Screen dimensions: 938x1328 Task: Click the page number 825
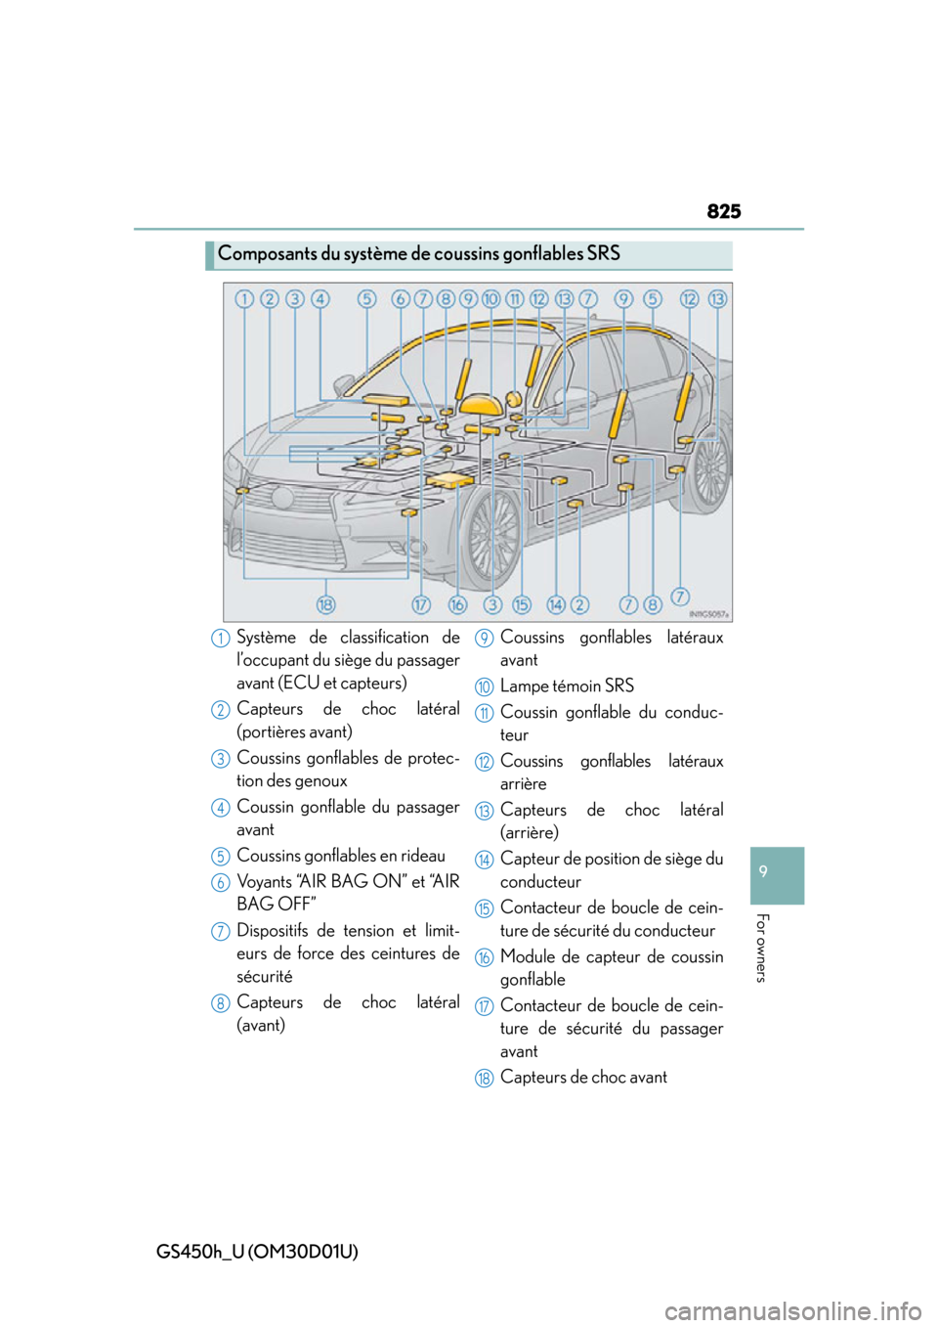point(724,211)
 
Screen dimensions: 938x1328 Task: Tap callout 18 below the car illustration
point(325,605)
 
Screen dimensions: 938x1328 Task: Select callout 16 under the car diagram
point(457,605)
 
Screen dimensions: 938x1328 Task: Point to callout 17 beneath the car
point(420,605)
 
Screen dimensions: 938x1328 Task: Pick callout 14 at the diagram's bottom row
point(555,605)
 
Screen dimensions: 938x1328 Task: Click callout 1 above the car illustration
point(244,299)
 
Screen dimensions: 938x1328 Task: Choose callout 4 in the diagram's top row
point(320,299)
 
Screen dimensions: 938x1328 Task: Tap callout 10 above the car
point(490,299)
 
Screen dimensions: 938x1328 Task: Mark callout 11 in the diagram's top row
point(515,299)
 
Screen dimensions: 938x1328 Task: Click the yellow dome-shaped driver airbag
point(482,405)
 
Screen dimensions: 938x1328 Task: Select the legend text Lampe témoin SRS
point(567,686)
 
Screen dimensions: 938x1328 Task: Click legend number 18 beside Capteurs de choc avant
point(484,1078)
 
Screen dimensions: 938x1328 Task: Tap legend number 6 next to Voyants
point(220,883)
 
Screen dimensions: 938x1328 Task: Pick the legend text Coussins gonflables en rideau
point(340,856)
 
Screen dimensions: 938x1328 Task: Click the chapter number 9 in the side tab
point(763,871)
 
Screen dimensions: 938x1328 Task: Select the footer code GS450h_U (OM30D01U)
point(257,1251)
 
